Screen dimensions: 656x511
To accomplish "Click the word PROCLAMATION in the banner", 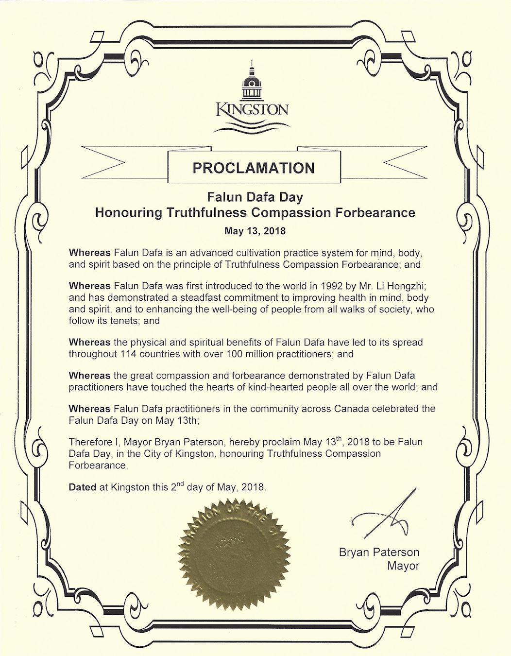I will pyautogui.click(x=254, y=168).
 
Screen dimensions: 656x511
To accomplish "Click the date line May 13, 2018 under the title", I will pyautogui.click(x=255, y=231).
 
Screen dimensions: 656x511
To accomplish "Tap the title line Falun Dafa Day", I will pyautogui.click(x=255, y=197).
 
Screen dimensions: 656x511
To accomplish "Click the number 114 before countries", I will pyautogui.click(x=127, y=354).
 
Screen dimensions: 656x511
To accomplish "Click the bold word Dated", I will pyautogui.click(x=83, y=487).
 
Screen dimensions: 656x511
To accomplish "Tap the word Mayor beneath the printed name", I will pyautogui.click(x=403, y=566).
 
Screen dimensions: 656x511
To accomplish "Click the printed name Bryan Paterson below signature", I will pyautogui.click(x=379, y=552).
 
